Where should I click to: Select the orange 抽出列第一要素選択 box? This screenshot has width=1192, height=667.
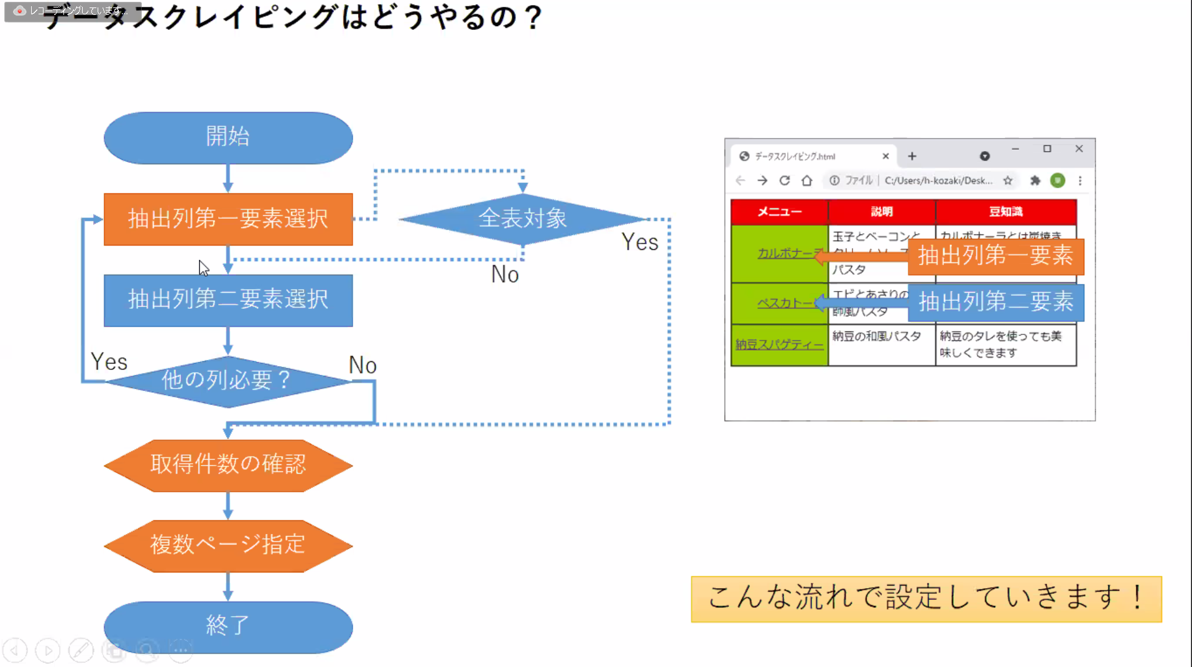point(228,219)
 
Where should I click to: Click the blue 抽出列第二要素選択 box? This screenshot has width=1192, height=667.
point(228,300)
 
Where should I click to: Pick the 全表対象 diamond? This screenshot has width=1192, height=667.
point(522,219)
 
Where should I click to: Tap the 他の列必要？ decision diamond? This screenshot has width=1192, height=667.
point(228,380)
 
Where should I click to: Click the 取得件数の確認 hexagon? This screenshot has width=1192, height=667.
point(228,465)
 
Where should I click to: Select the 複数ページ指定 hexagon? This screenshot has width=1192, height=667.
point(228,545)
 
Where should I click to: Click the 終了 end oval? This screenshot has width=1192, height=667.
point(228,625)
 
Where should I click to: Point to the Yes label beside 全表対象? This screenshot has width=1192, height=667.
point(640,242)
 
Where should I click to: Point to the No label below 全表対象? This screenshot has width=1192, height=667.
point(505,275)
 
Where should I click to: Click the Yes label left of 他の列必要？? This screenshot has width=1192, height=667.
point(109,362)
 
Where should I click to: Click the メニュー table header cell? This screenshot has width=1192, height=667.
point(779,212)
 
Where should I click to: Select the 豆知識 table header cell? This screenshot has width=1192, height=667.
point(1005,212)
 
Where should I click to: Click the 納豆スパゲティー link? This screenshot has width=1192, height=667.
point(779,344)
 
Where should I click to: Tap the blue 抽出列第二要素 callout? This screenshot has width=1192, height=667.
point(996,302)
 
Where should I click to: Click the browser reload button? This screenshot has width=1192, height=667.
point(784,180)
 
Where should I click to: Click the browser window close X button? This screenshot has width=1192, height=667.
point(1079,149)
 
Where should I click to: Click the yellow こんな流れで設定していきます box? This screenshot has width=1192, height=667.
point(926,598)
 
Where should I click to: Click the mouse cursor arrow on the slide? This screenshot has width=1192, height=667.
point(203,267)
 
